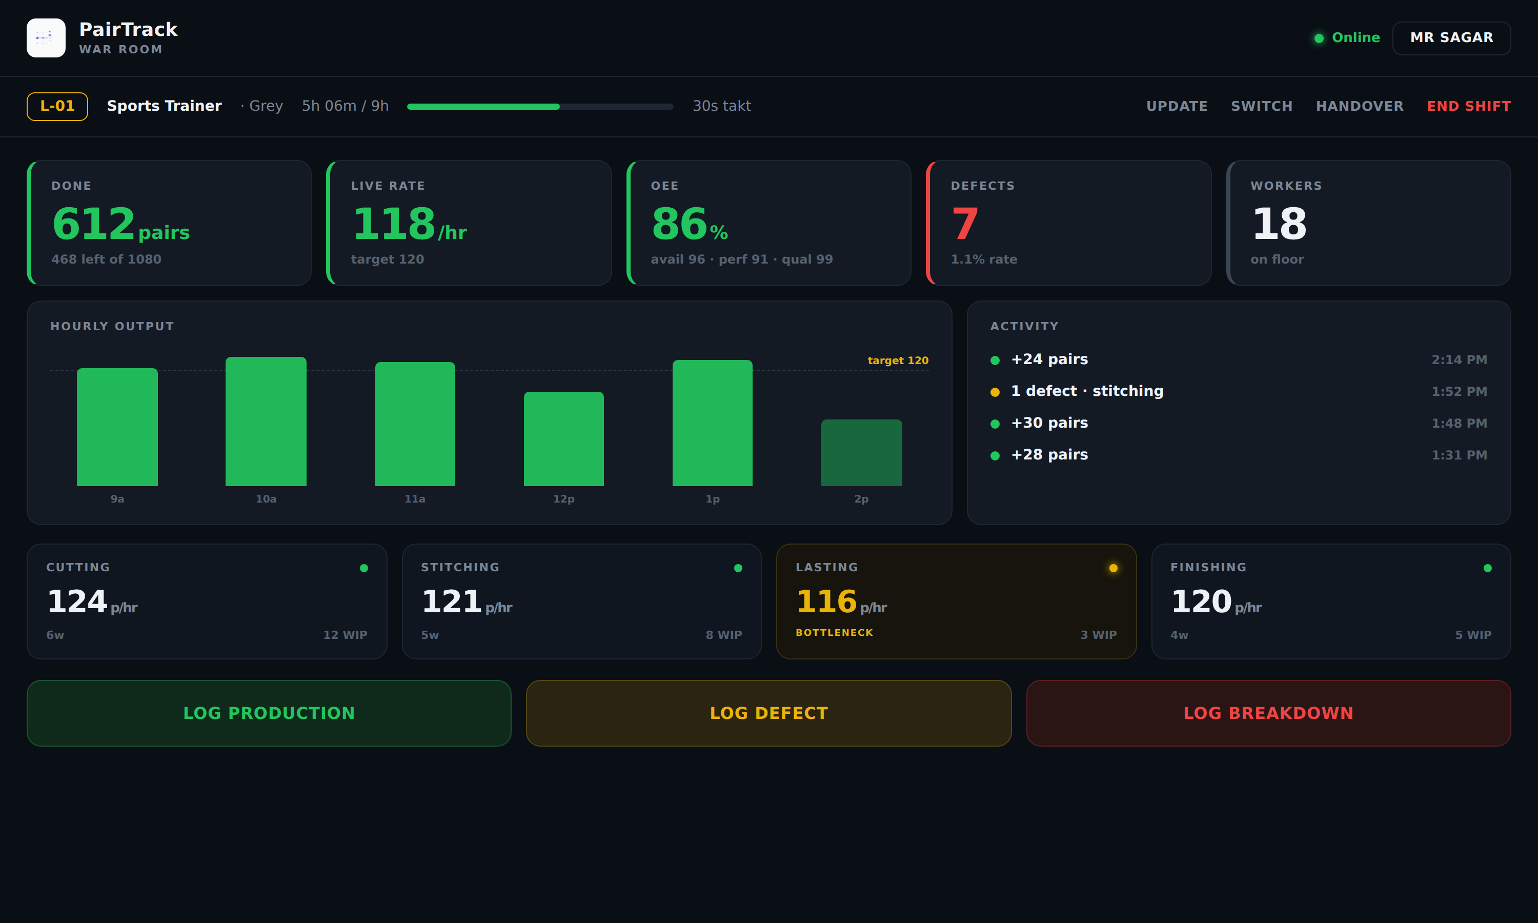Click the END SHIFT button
click(1468, 106)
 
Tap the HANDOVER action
click(1360, 106)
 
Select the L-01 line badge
click(57, 106)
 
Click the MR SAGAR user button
click(1451, 38)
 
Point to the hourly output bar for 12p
click(564, 438)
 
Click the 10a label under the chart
click(266, 499)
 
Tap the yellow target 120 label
click(898, 361)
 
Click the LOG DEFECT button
click(769, 713)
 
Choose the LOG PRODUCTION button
click(269, 713)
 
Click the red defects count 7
click(965, 224)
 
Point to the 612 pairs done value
click(120, 224)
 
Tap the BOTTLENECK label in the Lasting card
click(834, 633)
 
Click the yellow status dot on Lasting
click(1113, 568)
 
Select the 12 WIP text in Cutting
click(345, 635)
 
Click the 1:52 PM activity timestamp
click(1459, 392)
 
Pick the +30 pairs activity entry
click(1049, 423)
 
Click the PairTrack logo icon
click(46, 38)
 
